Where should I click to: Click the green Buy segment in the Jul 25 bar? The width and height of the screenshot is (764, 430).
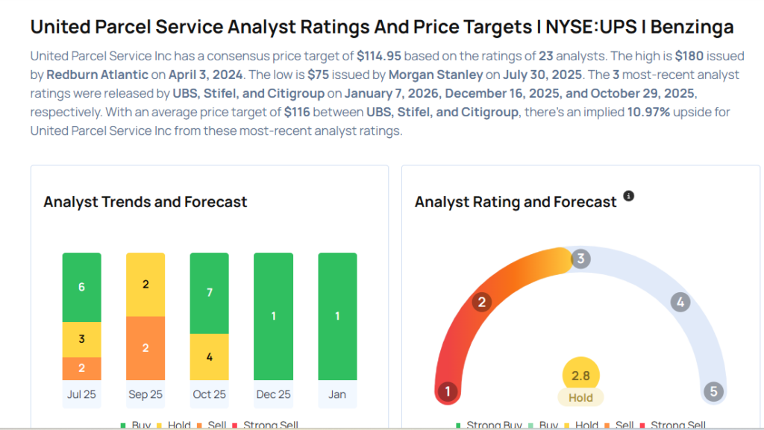pos(81,287)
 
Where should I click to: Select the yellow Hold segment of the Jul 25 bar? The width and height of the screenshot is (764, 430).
pos(81,339)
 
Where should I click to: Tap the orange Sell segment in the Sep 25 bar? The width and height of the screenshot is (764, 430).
pos(145,348)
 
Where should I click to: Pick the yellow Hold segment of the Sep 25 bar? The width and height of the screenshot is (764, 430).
pos(145,285)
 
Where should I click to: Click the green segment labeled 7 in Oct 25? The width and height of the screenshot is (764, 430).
pos(210,293)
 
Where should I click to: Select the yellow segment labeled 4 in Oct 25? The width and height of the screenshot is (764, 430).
pos(210,356)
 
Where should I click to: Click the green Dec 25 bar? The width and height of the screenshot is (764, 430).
pos(273,316)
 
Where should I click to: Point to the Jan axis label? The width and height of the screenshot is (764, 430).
pos(337,394)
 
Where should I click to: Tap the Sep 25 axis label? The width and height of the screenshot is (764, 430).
pos(145,394)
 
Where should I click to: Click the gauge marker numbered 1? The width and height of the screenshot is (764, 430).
pos(448,391)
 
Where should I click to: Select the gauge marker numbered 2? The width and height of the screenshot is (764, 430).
pos(482,302)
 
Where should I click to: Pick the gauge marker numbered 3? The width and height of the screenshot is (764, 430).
pos(580,259)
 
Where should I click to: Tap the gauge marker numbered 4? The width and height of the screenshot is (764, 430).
pos(679,302)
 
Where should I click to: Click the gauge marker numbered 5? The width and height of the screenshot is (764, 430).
pos(713,391)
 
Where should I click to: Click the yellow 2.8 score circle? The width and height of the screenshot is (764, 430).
pos(580,376)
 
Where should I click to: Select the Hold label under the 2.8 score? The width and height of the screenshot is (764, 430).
pos(580,398)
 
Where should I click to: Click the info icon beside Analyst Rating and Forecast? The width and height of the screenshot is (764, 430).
pos(628,196)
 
